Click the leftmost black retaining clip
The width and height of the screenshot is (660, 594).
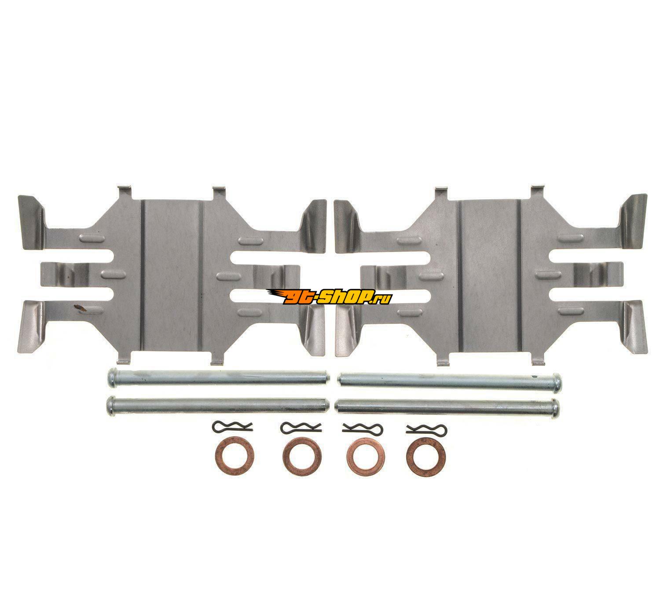232,427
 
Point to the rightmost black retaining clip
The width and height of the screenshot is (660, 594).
426,428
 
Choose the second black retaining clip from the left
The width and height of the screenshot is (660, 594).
301,427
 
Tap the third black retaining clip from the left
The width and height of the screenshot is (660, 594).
363,428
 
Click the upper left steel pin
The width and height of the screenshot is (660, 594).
218,378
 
